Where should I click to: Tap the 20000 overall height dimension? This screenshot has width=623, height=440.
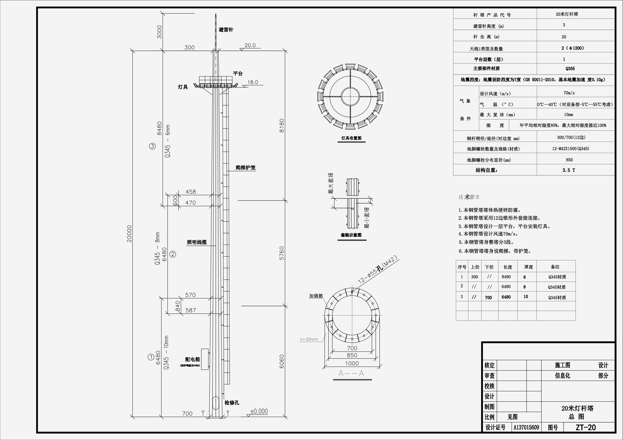tap(129, 234)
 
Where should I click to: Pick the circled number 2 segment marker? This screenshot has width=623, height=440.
tap(173, 254)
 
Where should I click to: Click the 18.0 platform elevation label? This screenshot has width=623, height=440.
tap(253, 82)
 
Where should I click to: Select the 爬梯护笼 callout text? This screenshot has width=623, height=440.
tap(246, 168)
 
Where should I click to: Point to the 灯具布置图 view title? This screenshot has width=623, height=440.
tap(351, 138)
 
